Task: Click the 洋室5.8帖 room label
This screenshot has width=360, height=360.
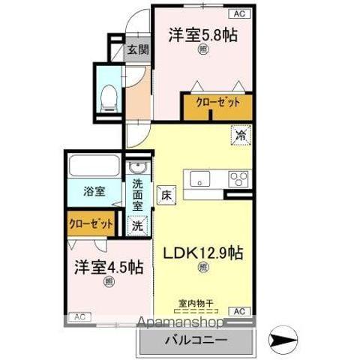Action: pyautogui.click(x=202, y=34)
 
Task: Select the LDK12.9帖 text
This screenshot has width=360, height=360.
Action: pyautogui.click(x=202, y=253)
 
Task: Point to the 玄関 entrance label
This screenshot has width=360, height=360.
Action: pyautogui.click(x=137, y=50)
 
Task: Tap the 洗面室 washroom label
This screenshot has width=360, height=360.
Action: pyautogui.click(x=138, y=194)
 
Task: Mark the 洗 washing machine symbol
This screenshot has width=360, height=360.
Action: pyautogui.click(x=138, y=223)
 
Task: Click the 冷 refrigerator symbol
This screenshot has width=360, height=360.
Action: pyautogui.click(x=241, y=136)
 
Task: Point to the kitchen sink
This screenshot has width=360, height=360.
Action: pyautogui.click(x=200, y=178)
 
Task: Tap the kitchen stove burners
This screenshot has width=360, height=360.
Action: pyautogui.click(x=239, y=179)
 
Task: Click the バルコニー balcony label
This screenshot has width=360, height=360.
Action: pyautogui.click(x=196, y=340)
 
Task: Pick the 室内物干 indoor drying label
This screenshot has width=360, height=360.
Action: pyautogui.click(x=196, y=304)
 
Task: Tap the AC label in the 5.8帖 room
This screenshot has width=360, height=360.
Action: pyautogui.click(x=239, y=13)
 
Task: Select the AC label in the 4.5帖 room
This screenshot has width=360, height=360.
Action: pyautogui.click(x=79, y=317)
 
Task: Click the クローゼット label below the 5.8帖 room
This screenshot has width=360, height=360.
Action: pyautogui.click(x=217, y=103)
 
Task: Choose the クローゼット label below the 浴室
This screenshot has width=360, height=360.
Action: pyautogui.click(x=91, y=223)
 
